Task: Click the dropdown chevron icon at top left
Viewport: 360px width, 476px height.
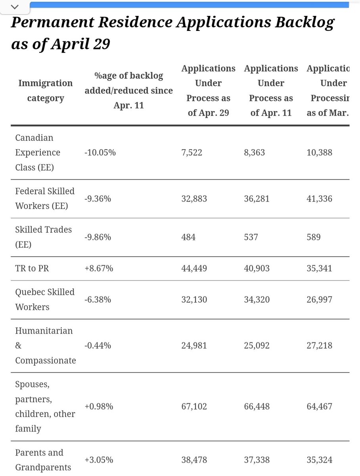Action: (x=15, y=7)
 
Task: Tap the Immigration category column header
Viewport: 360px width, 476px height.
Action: (x=45, y=90)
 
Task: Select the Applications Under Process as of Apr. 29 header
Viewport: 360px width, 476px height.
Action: (x=208, y=90)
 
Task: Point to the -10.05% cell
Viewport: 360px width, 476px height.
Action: (x=100, y=153)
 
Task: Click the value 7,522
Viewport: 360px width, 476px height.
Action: (x=192, y=153)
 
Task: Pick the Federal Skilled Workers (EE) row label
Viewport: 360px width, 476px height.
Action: (x=45, y=199)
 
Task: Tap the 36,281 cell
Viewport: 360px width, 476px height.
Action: (x=257, y=199)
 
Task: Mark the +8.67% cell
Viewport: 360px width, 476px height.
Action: (x=99, y=269)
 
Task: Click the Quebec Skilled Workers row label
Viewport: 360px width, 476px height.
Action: (x=45, y=299)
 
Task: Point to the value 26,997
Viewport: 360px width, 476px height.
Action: (x=319, y=299)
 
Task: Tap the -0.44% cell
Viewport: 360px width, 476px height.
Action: (x=98, y=345)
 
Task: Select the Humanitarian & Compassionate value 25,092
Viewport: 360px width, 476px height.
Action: (x=257, y=345)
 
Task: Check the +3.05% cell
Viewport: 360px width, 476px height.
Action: (x=99, y=460)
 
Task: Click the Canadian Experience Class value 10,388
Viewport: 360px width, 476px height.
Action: (x=319, y=153)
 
